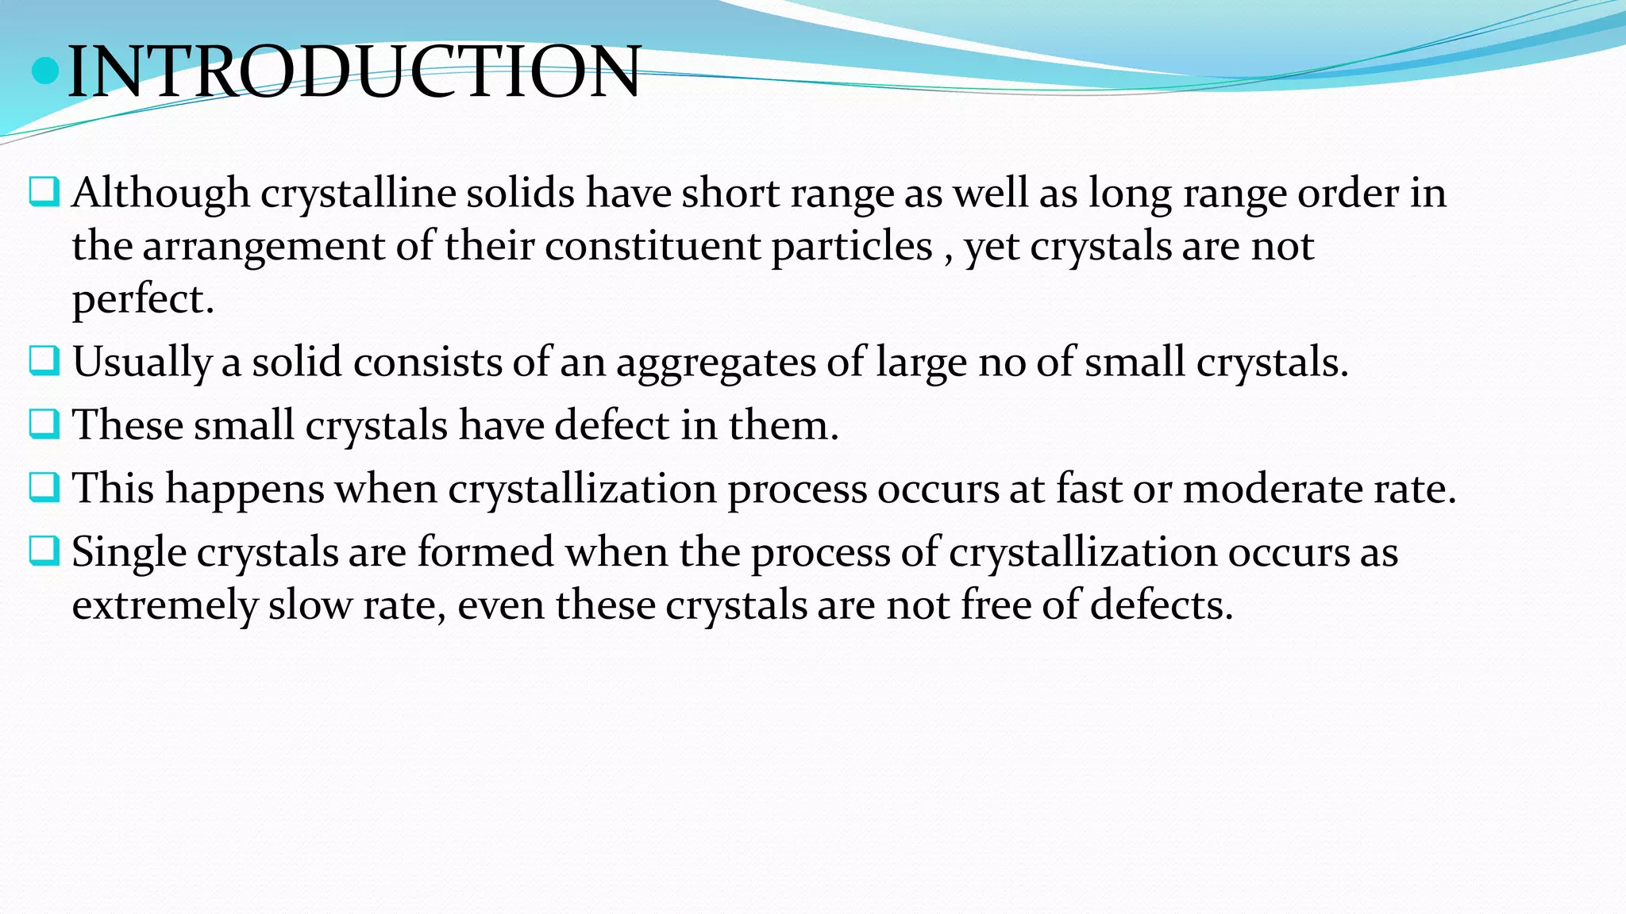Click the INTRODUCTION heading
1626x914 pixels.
pos(354,72)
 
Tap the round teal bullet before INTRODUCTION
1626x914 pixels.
pos(46,71)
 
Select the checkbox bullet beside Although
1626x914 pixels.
pos(44,192)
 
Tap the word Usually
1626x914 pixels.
pos(142,363)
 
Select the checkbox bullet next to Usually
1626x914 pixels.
pos(44,361)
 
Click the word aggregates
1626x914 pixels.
pos(716,363)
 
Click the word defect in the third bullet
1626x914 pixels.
pos(612,425)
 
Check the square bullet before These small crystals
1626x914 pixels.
pos(44,424)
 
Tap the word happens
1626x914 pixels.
pos(245,489)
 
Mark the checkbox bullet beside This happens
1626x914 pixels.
pos(44,487)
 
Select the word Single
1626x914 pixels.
pos(129,552)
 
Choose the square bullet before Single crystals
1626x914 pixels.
pos(44,551)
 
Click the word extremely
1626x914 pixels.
pos(164,606)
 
